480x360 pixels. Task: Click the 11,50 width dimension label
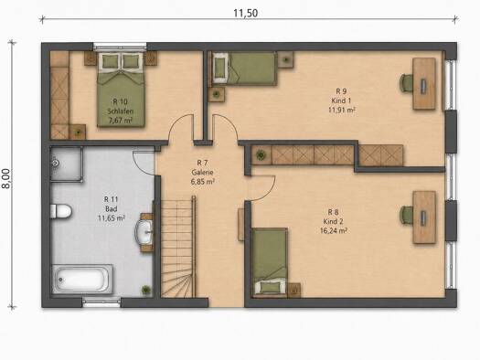pyautogui.click(x=246, y=13)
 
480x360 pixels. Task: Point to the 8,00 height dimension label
pyautogui.click(x=6, y=178)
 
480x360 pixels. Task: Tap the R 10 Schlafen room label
pyautogui.click(x=121, y=106)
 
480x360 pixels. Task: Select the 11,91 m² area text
pyautogui.click(x=342, y=110)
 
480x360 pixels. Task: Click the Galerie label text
pyautogui.click(x=202, y=172)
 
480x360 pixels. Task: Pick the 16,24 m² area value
pyautogui.click(x=334, y=230)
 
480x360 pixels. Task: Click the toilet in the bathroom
pyautogui.click(x=61, y=211)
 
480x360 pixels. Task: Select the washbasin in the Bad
pyautogui.click(x=144, y=232)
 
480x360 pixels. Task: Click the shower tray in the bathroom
pyautogui.click(x=66, y=164)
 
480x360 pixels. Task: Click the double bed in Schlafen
pyautogui.click(x=121, y=90)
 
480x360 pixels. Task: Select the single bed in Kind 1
pyautogui.click(x=245, y=69)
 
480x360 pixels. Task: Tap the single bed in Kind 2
pyautogui.click(x=270, y=262)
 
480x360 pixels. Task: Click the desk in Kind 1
pyautogui.click(x=424, y=83)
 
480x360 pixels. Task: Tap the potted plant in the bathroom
pyautogui.click(x=146, y=290)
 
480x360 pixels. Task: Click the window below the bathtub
pyautogui.click(x=101, y=302)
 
